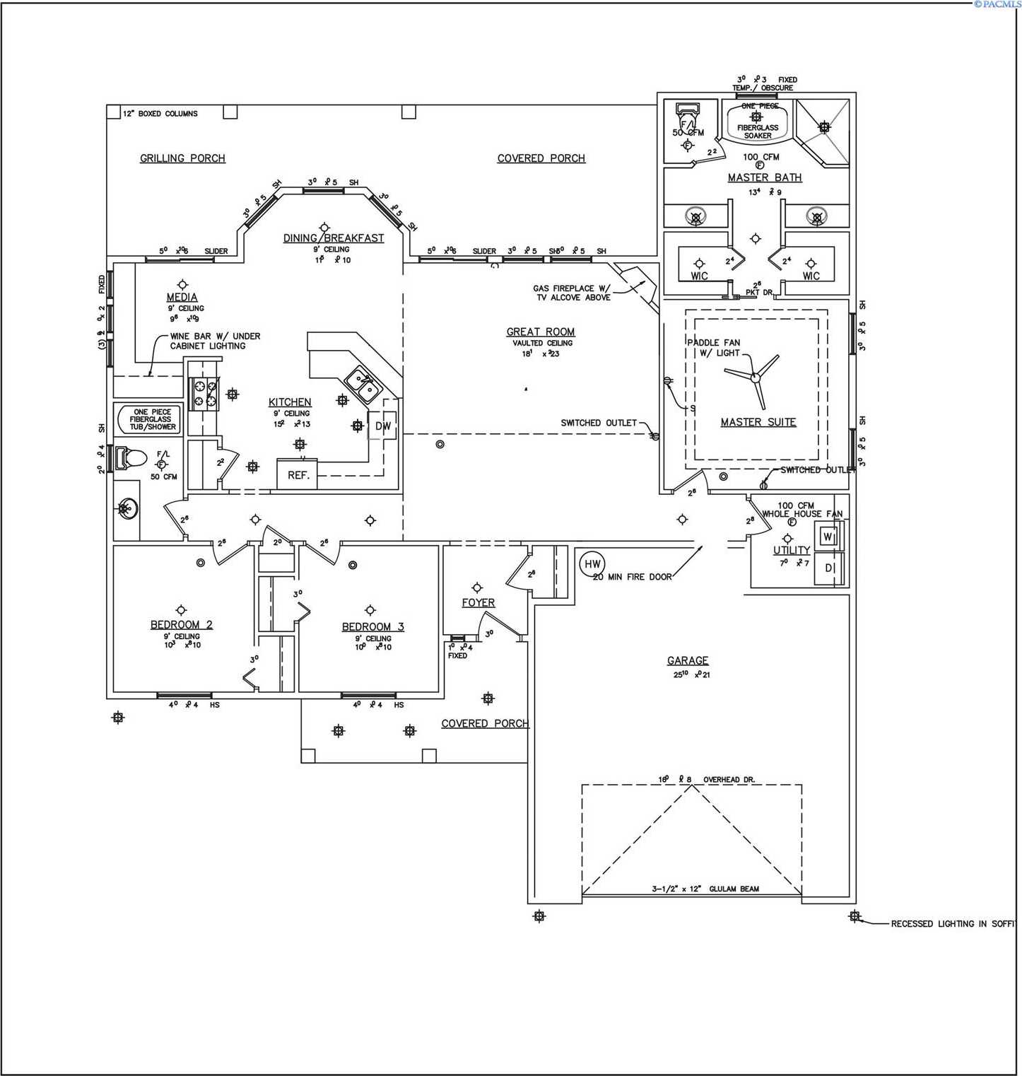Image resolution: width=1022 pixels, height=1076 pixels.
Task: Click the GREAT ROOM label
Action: tap(541, 332)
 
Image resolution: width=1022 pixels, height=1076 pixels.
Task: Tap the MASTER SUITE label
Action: tap(758, 422)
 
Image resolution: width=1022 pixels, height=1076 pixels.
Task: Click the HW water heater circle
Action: tap(592, 563)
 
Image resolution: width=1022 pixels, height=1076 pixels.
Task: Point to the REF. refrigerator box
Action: tap(298, 475)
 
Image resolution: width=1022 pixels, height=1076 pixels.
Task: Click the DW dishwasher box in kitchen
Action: tap(382, 426)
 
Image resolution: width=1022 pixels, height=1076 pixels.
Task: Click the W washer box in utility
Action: tap(827, 537)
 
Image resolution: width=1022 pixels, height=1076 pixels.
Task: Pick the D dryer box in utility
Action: tap(828, 568)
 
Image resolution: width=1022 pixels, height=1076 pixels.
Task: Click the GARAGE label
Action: tap(687, 660)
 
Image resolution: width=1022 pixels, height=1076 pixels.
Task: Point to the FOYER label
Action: tap(478, 602)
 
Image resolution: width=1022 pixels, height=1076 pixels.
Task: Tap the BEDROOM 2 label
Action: tap(181, 624)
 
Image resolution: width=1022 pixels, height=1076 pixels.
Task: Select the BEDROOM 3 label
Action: tap(372, 626)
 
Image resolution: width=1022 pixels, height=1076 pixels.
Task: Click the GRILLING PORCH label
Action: tap(182, 158)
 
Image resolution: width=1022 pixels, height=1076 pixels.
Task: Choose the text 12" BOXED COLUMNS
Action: tap(160, 113)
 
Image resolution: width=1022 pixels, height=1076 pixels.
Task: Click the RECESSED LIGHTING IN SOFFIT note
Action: tap(952, 923)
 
